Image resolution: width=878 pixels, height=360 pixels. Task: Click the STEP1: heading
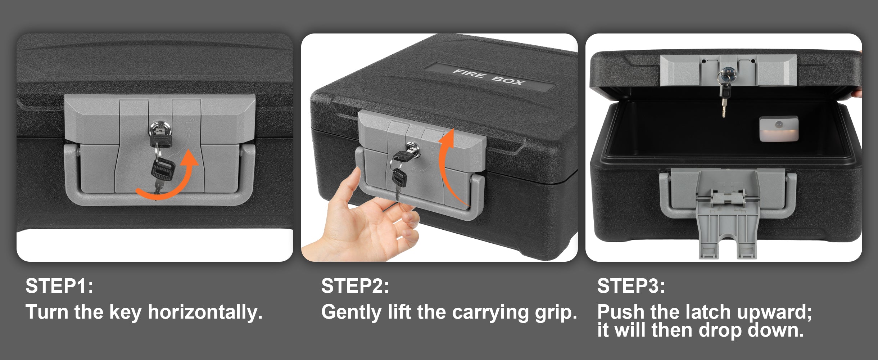[x=59, y=286]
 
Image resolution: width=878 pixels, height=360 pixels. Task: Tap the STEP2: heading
[x=355, y=286]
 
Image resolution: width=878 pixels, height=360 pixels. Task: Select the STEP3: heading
[x=631, y=286]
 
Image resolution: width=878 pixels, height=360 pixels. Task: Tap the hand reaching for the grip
[x=363, y=220]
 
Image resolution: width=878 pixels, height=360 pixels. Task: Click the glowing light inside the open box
[x=779, y=129]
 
